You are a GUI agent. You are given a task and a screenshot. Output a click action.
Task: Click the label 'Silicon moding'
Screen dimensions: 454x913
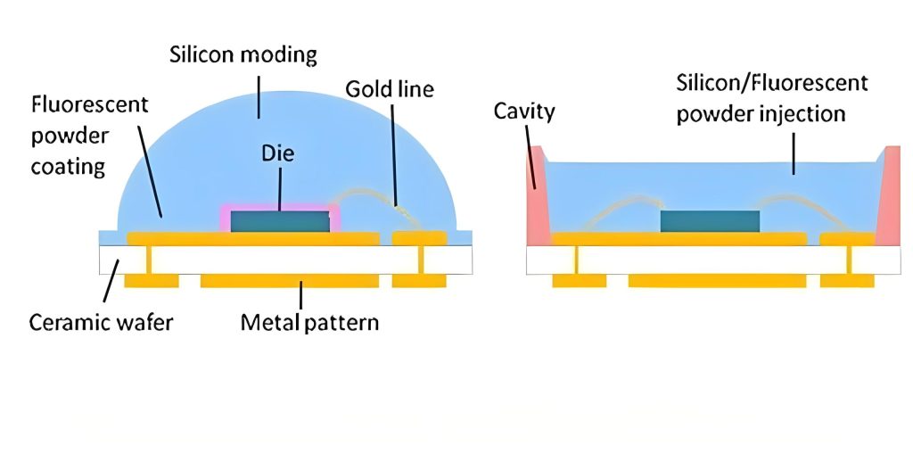pyautogui.click(x=243, y=54)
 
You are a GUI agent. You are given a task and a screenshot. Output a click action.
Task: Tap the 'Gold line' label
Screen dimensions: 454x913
pyautogui.click(x=390, y=89)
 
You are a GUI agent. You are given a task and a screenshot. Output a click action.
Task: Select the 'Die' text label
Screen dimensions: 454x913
pyautogui.click(x=278, y=153)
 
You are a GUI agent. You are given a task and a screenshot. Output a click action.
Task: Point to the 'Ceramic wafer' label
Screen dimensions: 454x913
pyautogui.click(x=101, y=321)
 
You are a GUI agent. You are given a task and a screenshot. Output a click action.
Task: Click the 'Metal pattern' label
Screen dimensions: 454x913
pyautogui.click(x=309, y=321)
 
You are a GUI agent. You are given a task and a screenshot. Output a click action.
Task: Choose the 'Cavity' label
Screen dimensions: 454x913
pyautogui.click(x=524, y=111)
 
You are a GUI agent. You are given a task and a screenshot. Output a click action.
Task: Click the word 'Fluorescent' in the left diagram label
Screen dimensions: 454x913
pyautogui.click(x=89, y=104)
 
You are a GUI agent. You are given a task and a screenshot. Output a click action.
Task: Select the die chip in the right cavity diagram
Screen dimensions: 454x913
pyautogui.click(x=710, y=221)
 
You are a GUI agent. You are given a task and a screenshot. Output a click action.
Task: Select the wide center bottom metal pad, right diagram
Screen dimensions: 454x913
pyautogui.click(x=717, y=280)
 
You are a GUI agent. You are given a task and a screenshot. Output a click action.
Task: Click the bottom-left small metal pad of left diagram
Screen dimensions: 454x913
pyautogui.click(x=151, y=280)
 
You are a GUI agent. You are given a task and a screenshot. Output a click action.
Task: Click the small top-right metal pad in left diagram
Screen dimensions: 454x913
pyautogui.click(x=419, y=238)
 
